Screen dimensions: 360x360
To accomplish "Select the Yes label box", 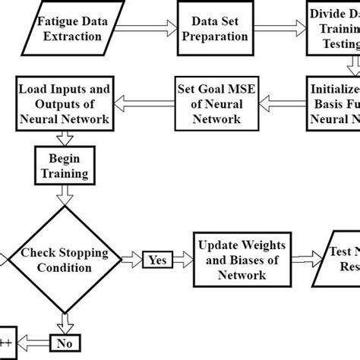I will (158, 259).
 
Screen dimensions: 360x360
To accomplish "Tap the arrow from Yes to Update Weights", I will (185, 259).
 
